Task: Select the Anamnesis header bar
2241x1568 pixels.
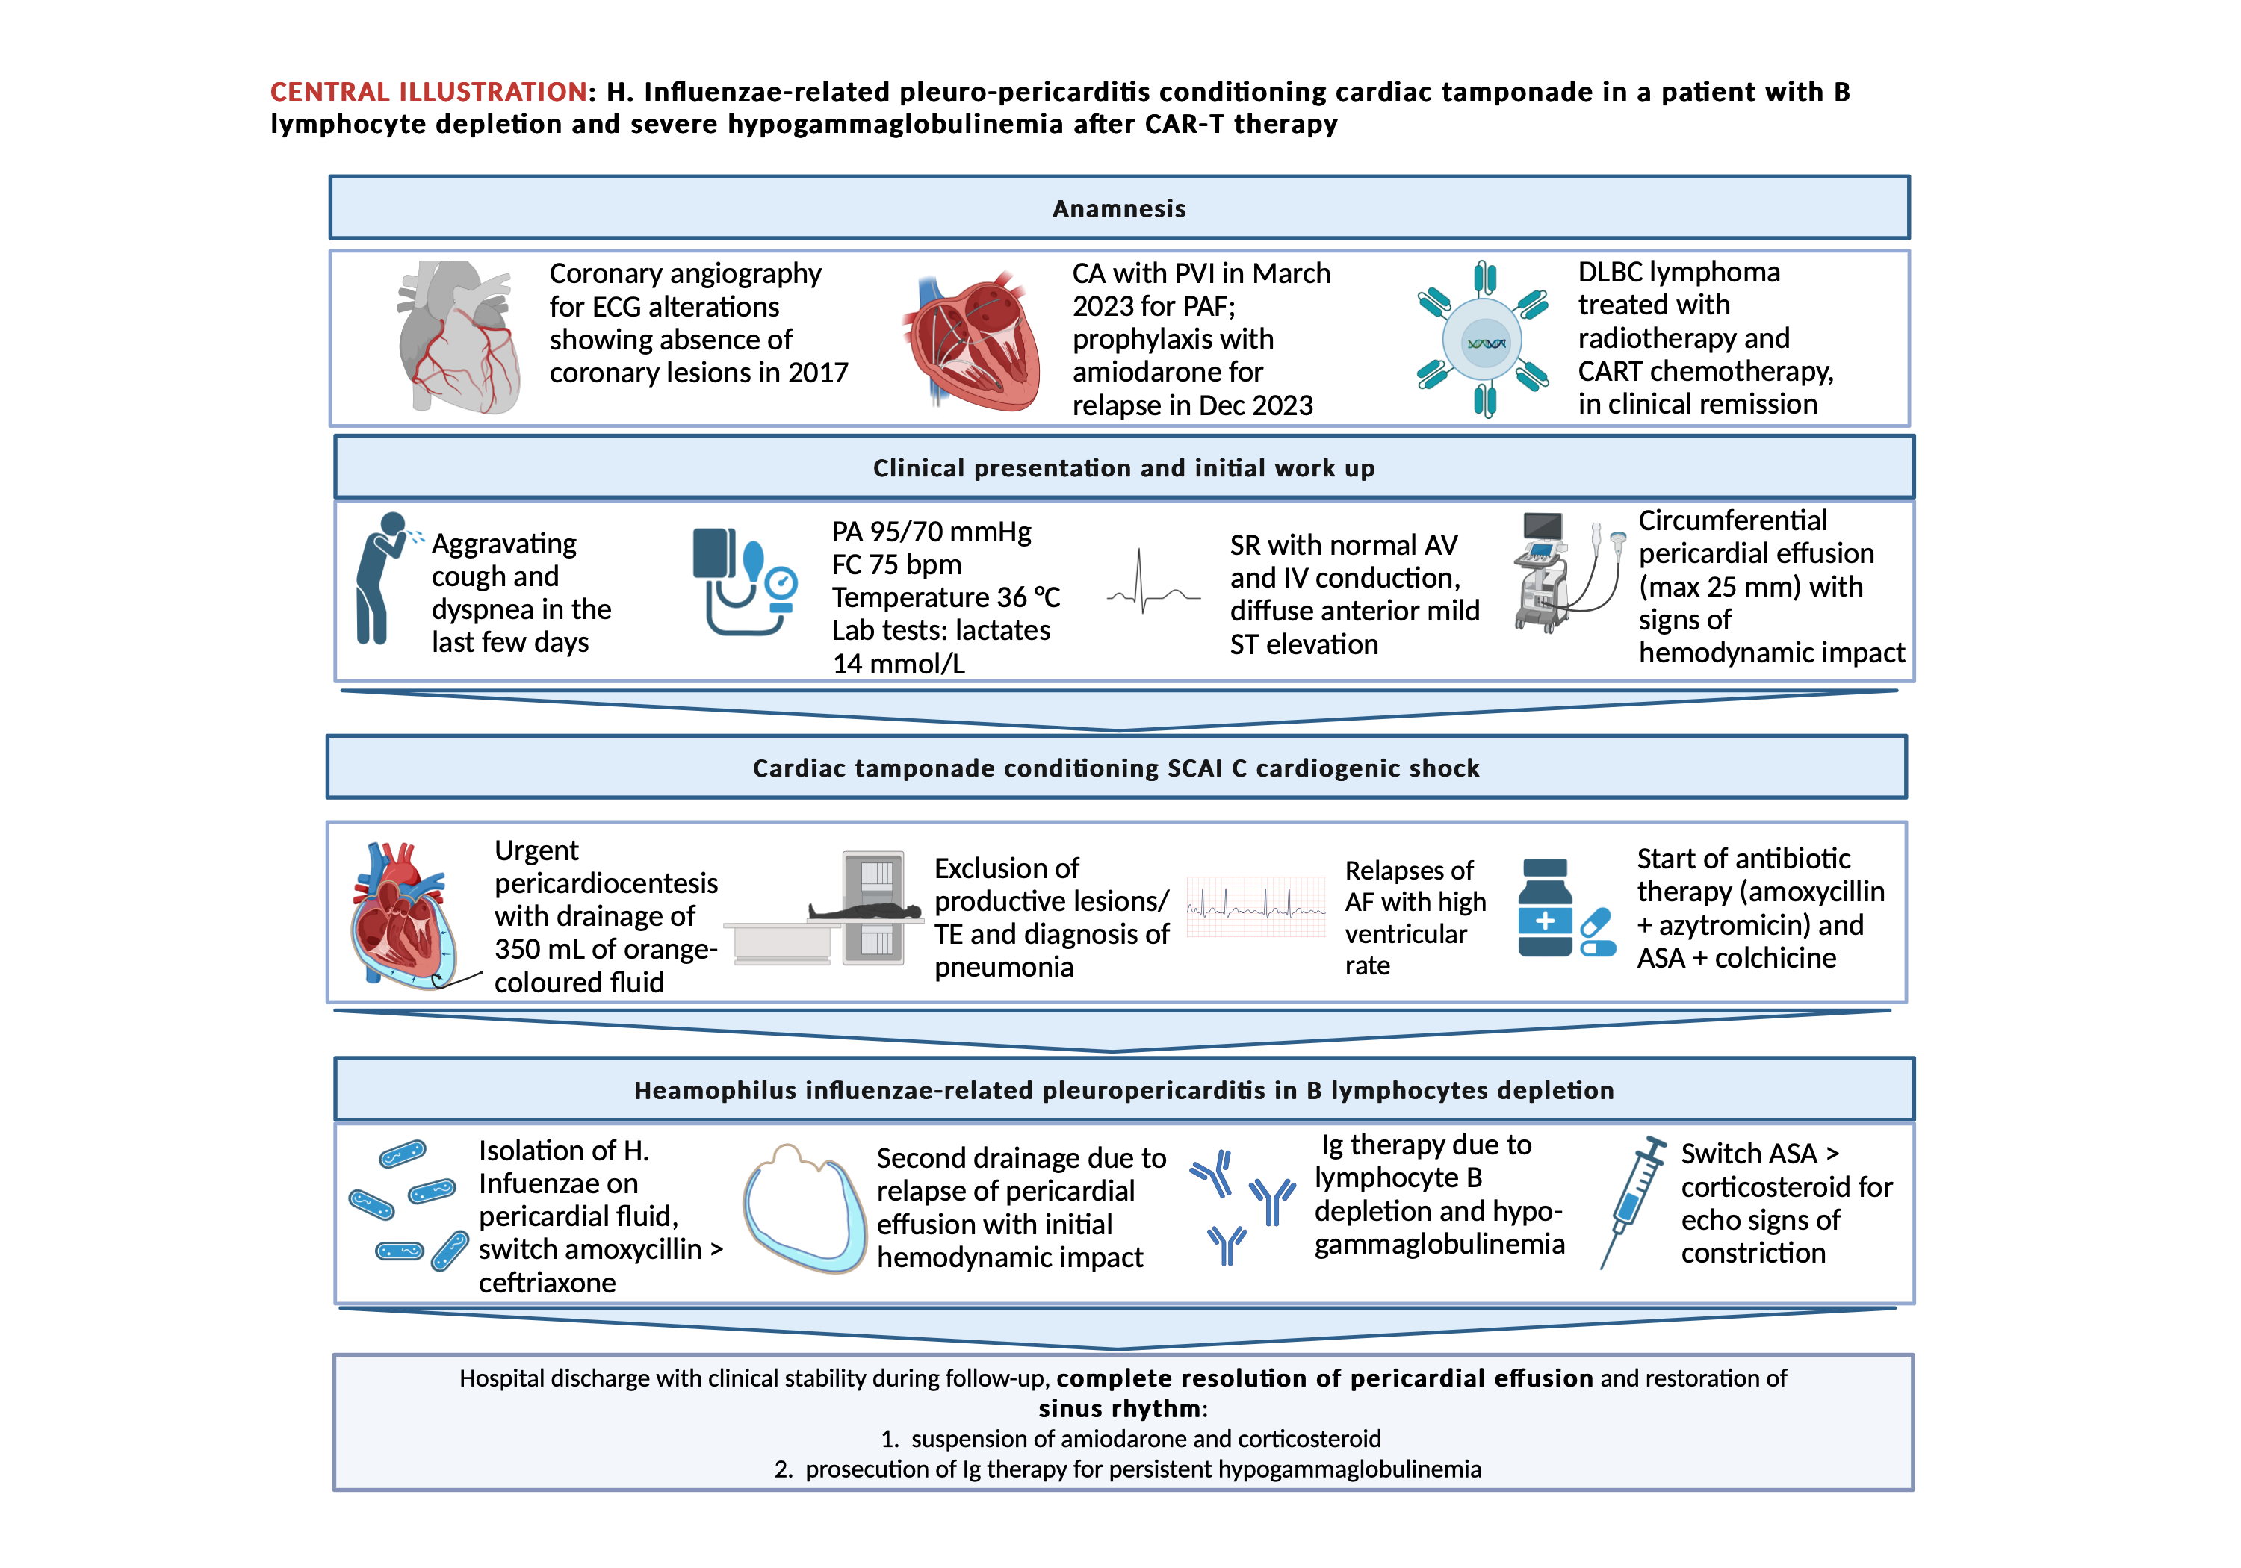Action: pyautogui.click(x=1120, y=208)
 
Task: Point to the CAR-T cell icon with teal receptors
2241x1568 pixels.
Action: pyautogui.click(x=1484, y=340)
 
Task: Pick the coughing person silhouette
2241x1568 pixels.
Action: pyautogui.click(x=382, y=578)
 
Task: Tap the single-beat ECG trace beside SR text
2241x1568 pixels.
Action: pyautogui.click(x=1153, y=582)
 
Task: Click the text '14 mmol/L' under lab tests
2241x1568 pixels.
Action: pyautogui.click(x=899, y=665)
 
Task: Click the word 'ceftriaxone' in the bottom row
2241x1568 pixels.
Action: pyautogui.click(x=547, y=1283)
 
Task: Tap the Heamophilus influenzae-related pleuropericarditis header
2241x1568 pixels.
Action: pyautogui.click(x=1123, y=1090)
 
